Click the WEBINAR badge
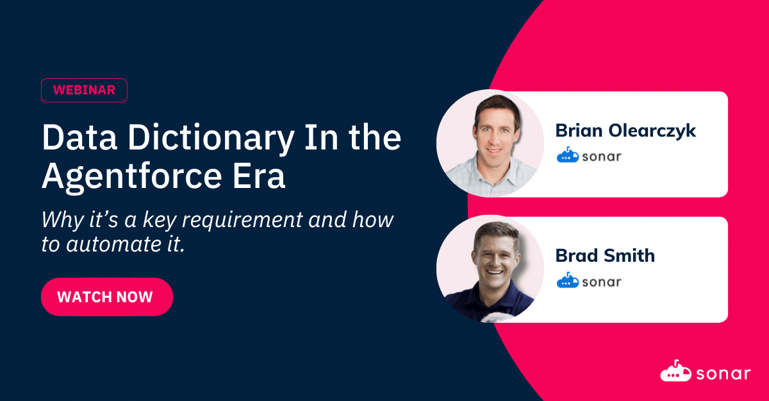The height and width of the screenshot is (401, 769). pyautogui.click(x=84, y=90)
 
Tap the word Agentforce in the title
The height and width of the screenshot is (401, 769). pyautogui.click(x=132, y=176)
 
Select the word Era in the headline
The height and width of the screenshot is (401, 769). pyautogui.click(x=259, y=176)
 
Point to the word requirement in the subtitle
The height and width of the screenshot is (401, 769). pyautogui.click(x=242, y=219)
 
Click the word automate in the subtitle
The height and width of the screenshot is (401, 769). pyautogui.click(x=113, y=244)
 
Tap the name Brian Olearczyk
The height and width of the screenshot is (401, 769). pyautogui.click(x=625, y=131)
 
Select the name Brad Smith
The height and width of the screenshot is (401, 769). pyautogui.click(x=605, y=255)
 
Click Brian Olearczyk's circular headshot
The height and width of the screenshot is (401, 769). pyautogui.click(x=490, y=143)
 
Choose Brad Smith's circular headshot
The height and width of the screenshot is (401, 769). pyautogui.click(x=490, y=269)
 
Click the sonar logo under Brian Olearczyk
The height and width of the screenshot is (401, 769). pyautogui.click(x=589, y=155)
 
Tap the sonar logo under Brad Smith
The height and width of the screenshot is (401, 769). pyautogui.click(x=589, y=281)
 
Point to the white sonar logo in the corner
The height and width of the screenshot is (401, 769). pyautogui.click(x=706, y=371)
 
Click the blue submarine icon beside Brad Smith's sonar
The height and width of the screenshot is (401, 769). pyautogui.click(x=568, y=280)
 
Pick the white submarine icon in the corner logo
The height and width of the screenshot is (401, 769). pyautogui.click(x=675, y=371)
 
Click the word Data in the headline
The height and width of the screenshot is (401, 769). pyautogui.click(x=79, y=138)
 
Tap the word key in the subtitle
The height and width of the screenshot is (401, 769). pyautogui.click(x=160, y=220)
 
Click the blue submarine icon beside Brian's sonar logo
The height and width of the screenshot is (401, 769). pyautogui.click(x=568, y=155)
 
